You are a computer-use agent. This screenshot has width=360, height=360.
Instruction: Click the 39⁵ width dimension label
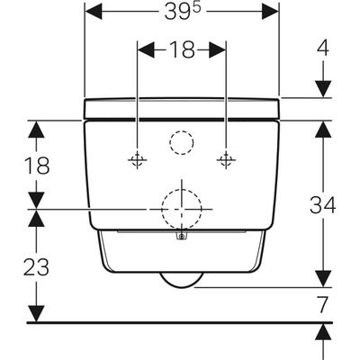pos(182,13)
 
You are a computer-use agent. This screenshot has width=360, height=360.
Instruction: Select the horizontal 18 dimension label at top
pos(182,49)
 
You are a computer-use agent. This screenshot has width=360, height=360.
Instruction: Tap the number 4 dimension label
pos(323,48)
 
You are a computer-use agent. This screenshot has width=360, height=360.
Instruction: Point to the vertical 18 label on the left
pos(37,166)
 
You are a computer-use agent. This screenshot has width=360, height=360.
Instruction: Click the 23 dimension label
pos(36,267)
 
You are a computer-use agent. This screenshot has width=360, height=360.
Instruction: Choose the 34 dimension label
pos(323,205)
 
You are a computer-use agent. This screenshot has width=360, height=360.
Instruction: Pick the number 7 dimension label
pos(322,305)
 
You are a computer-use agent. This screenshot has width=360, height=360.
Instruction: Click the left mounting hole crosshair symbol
pos(138,159)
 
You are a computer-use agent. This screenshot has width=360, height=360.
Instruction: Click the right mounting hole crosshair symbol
pos(226,159)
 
